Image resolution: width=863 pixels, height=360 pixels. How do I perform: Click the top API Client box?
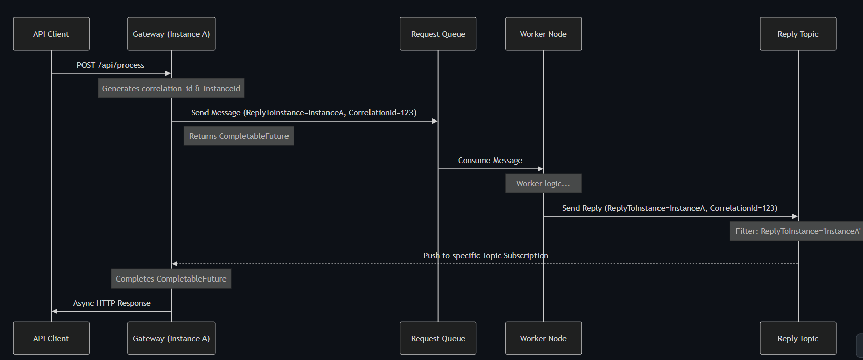[x=51, y=34]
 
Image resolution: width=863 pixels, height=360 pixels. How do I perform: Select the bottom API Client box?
[x=51, y=338]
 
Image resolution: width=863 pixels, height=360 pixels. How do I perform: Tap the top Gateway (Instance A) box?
[x=171, y=34]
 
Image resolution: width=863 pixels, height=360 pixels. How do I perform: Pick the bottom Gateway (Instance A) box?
[x=171, y=338]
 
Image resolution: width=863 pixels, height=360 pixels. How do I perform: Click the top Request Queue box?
[x=438, y=34]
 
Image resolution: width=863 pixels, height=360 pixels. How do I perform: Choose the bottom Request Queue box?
[x=438, y=338]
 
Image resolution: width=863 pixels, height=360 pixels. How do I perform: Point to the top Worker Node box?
[x=543, y=34]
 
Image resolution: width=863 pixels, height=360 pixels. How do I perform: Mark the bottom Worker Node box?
[x=543, y=338]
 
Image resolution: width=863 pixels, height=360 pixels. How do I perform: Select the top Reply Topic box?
[x=798, y=34]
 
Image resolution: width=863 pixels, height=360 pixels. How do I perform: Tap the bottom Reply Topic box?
[x=798, y=338]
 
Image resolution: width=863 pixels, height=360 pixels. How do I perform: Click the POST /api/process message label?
[x=110, y=65]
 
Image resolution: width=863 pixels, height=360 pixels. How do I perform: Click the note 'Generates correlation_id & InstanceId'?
[x=171, y=89]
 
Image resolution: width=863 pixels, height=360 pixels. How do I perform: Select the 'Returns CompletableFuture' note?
[x=239, y=136]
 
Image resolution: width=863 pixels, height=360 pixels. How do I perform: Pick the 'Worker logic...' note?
[x=543, y=184]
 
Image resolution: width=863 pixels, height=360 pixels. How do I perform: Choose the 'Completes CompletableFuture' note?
[x=171, y=279]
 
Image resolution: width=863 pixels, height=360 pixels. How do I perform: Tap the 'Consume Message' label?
[x=490, y=161]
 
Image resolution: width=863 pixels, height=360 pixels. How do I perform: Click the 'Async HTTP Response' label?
[x=112, y=303]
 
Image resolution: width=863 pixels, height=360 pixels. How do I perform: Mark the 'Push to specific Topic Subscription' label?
[x=485, y=256]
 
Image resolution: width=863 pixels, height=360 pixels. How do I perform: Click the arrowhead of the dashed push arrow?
[x=175, y=264]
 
